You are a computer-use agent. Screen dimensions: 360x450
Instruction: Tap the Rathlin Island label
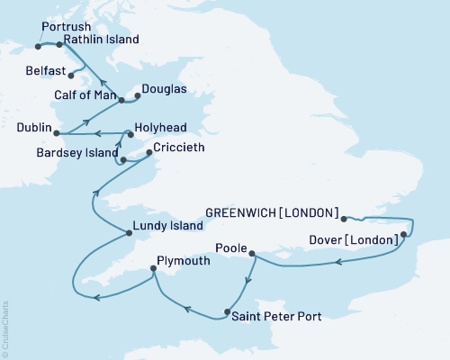[x=102, y=40]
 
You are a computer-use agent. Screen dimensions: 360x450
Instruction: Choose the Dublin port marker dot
[x=58, y=134]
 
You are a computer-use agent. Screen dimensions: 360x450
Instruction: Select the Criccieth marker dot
[x=148, y=152]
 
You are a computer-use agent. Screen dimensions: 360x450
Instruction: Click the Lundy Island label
[x=166, y=227]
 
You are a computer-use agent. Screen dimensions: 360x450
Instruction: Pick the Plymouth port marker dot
[x=153, y=268]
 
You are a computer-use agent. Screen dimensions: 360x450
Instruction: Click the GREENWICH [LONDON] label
[x=272, y=213]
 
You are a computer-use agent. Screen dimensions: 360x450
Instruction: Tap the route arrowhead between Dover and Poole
[x=337, y=263]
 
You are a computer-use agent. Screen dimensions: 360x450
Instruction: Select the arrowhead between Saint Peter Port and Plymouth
[x=187, y=309]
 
